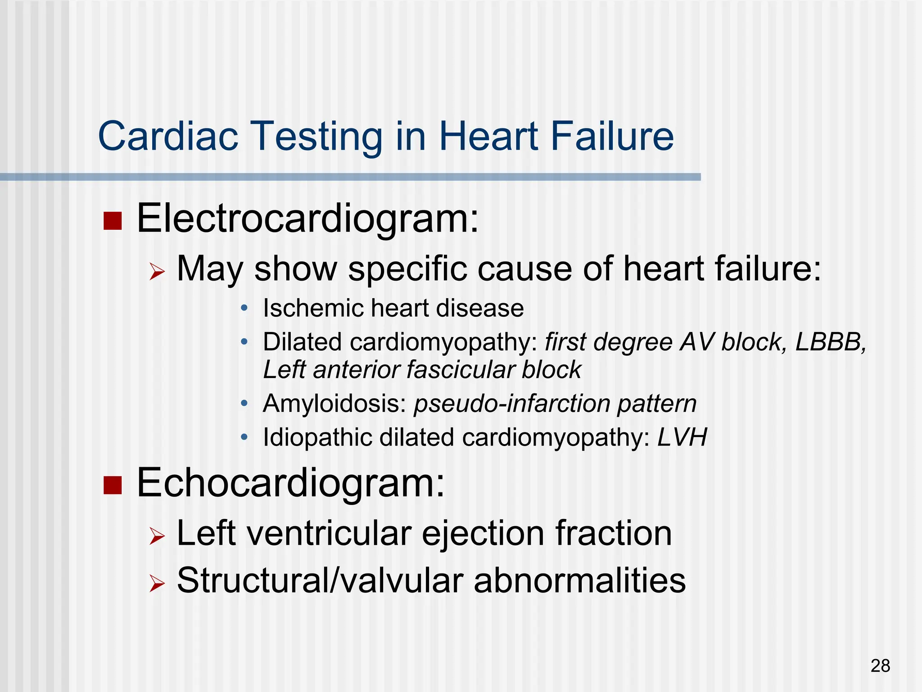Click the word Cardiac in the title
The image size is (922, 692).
pyautogui.click(x=168, y=136)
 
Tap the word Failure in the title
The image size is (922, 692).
pyautogui.click(x=612, y=136)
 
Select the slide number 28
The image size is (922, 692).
pyautogui.click(x=880, y=666)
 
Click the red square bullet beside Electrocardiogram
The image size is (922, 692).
pyautogui.click(x=113, y=221)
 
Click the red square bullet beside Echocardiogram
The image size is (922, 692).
pyautogui.click(x=113, y=485)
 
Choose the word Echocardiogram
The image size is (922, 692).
pyautogui.click(x=290, y=483)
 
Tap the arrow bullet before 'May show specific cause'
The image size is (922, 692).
pyautogui.click(x=157, y=272)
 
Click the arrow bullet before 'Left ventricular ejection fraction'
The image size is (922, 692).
pyautogui.click(x=157, y=536)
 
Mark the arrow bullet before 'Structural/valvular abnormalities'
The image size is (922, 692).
pyautogui.click(x=157, y=583)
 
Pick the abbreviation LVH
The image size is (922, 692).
pyautogui.click(x=682, y=437)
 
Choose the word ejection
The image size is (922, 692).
pyautogui.click(x=483, y=534)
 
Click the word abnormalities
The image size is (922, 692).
pyautogui.click(x=580, y=581)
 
